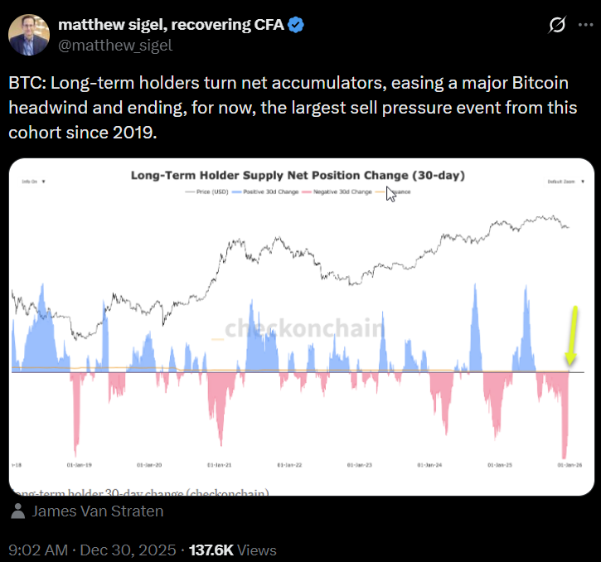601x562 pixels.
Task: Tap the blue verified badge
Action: coord(295,26)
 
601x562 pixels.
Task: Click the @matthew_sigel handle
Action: coord(115,46)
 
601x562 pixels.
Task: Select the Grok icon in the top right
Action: coord(557,27)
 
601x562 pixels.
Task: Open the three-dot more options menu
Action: coord(584,27)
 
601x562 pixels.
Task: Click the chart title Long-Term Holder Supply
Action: coord(298,176)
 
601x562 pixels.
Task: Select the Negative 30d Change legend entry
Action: coord(338,191)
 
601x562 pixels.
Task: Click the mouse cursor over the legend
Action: coord(390,195)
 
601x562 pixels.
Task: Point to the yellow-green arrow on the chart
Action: coord(571,336)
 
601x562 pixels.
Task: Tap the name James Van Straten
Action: coord(98,511)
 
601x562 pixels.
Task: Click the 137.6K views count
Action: coord(213,550)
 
